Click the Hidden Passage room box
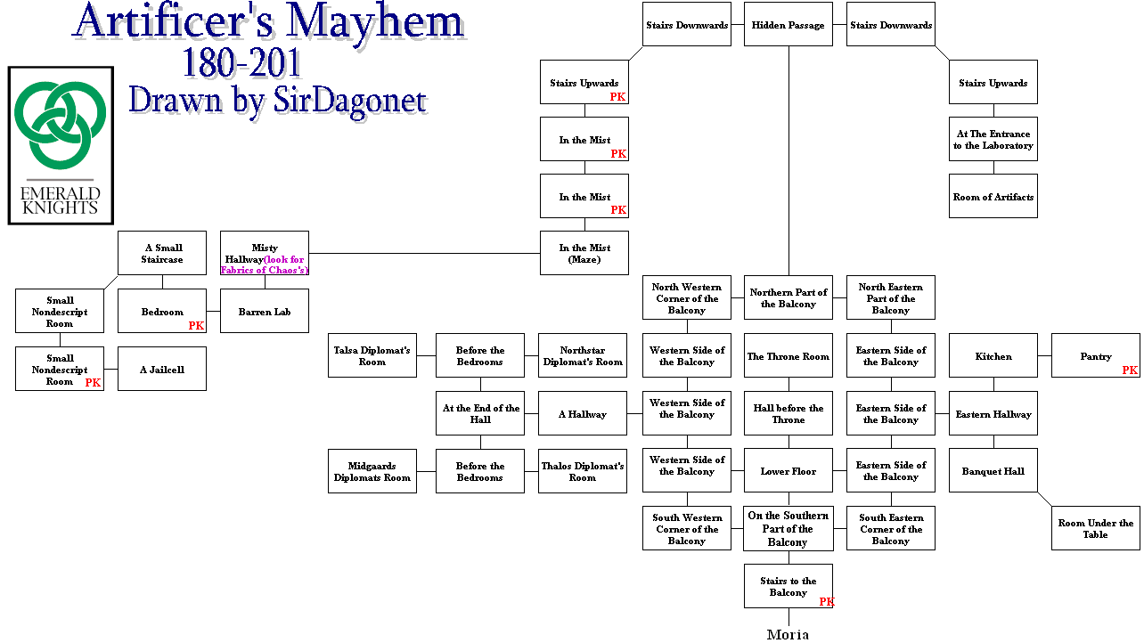[789, 25]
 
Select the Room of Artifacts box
[993, 197]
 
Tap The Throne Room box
[789, 356]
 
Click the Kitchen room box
[993, 356]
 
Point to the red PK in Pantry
[1130, 370]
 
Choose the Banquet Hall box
[993, 471]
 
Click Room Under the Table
[1096, 529]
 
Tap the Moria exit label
[789, 634]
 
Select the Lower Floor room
[789, 471]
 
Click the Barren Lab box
[265, 312]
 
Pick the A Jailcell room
[162, 369]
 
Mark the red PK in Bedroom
[196, 326]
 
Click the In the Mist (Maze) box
[584, 254]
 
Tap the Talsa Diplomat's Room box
[372, 356]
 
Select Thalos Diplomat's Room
[583, 471]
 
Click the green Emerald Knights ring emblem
[61, 125]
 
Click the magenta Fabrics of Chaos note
[266, 265]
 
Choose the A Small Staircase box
[162, 254]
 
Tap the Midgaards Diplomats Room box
[372, 471]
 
